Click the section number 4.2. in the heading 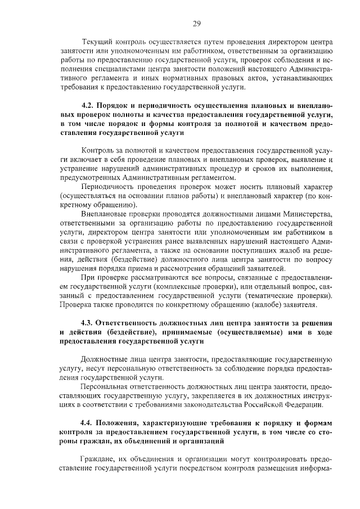tap(89, 106)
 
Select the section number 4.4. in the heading tap(89, 422)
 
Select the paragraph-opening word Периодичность tap(110, 187)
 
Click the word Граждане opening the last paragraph tap(98, 458)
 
